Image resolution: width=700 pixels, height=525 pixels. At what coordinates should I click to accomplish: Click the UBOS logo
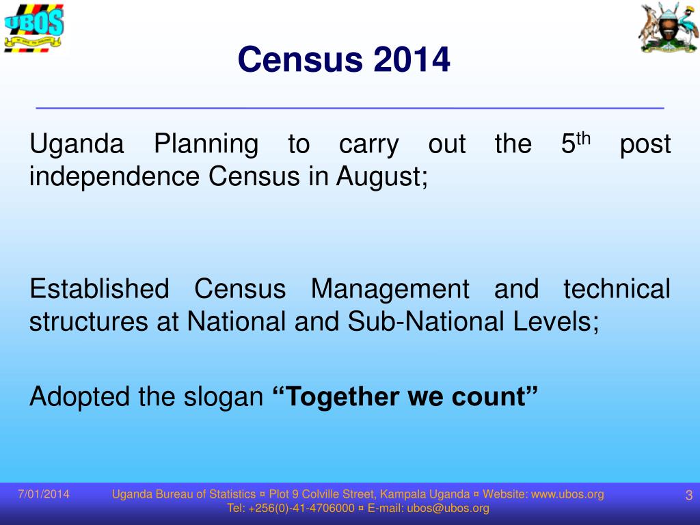coord(33,27)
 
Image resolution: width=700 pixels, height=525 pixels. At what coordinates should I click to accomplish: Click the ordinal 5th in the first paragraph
coord(575,144)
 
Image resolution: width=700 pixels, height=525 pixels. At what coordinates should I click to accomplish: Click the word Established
coord(99,289)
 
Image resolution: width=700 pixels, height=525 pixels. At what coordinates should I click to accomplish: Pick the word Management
coord(390,290)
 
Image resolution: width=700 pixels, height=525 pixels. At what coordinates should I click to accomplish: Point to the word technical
coord(617,289)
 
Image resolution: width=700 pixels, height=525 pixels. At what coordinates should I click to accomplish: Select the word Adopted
coord(79,396)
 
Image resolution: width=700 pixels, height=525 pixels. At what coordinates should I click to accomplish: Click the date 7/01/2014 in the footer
coord(44,494)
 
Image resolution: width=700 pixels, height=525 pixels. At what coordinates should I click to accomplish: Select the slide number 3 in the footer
coord(688,496)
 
